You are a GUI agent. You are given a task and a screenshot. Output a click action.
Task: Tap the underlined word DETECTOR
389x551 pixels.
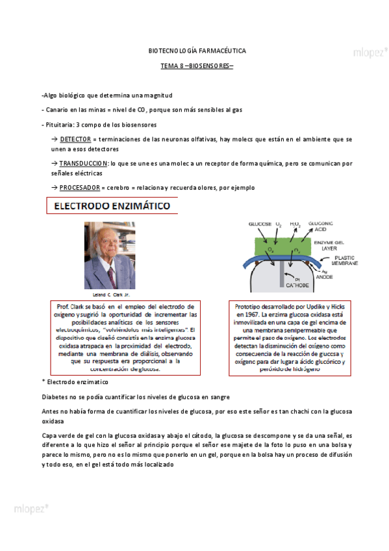[x=75, y=140]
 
